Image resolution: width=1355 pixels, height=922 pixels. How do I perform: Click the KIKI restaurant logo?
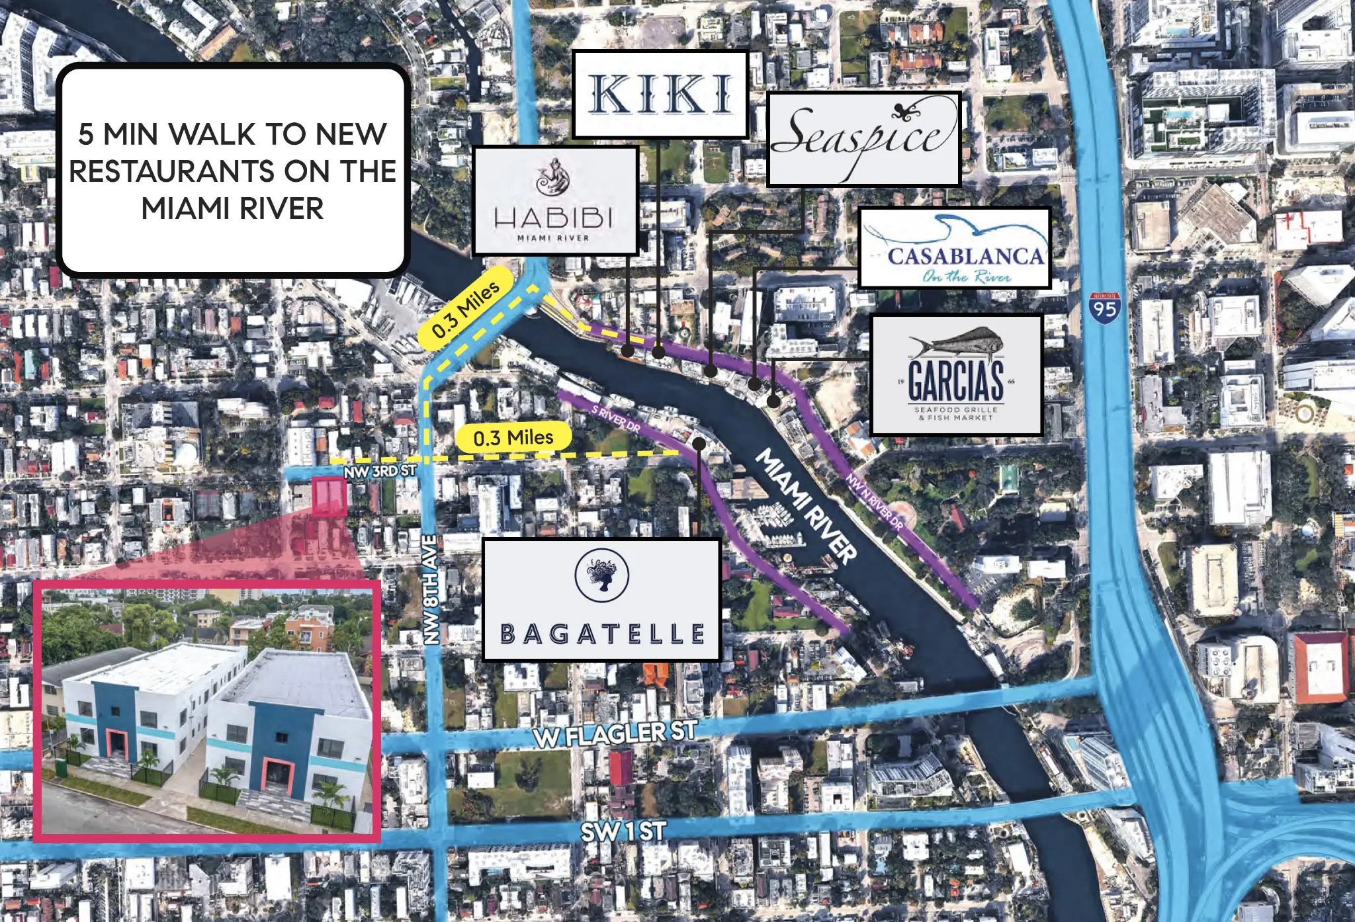pyautogui.click(x=660, y=94)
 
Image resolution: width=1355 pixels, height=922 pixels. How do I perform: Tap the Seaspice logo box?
pyautogui.click(x=863, y=139)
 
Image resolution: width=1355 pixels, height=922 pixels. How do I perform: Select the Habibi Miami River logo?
pyautogui.click(x=554, y=201)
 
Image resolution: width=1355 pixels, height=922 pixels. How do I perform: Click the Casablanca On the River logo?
pyautogui.click(x=954, y=249)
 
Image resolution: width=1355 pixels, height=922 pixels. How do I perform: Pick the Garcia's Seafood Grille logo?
pyautogui.click(x=955, y=374)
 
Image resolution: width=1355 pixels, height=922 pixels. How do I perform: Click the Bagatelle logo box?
pyautogui.click(x=601, y=599)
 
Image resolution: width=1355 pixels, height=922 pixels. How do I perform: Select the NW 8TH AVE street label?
pyautogui.click(x=431, y=590)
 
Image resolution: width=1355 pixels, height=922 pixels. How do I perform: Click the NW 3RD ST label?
pyautogui.click(x=379, y=471)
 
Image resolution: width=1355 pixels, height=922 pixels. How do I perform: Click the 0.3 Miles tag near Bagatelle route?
pyautogui.click(x=513, y=438)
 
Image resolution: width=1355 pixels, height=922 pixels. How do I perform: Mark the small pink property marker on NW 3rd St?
pyautogui.click(x=329, y=496)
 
